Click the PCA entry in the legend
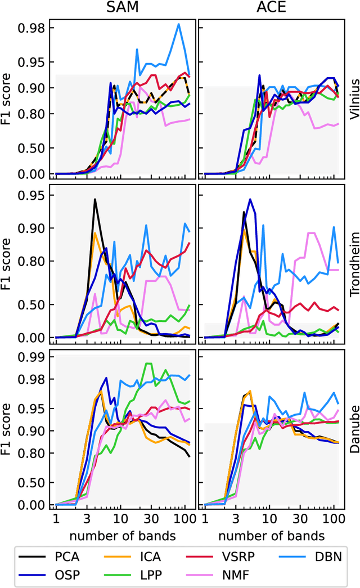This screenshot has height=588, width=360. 67,557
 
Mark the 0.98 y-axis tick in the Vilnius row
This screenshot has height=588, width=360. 34,28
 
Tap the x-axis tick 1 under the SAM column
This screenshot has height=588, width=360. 55,518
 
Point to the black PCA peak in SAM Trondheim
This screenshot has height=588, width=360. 94,199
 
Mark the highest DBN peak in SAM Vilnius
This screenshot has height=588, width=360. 179,24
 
